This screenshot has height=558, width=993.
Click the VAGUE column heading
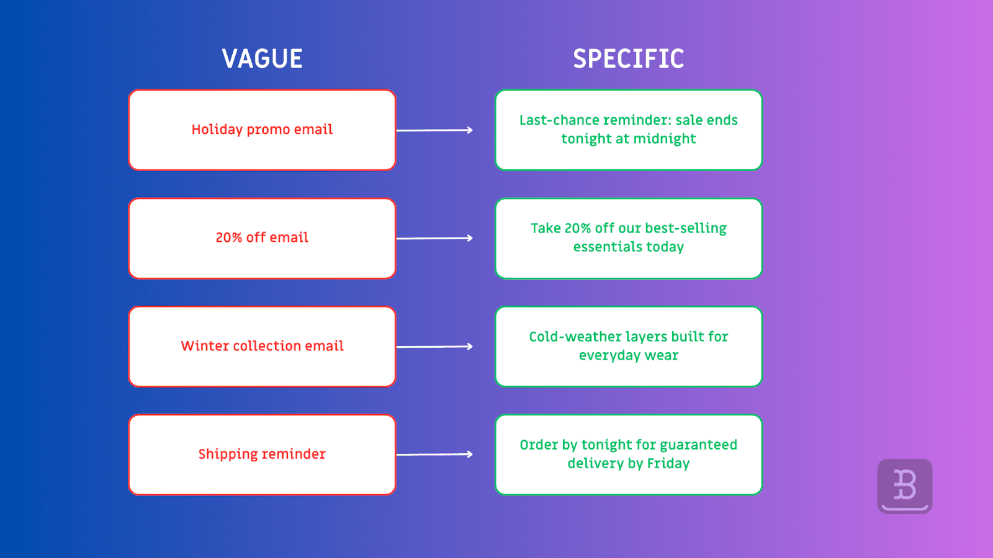coord(262,59)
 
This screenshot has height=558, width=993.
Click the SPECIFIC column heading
coord(628,59)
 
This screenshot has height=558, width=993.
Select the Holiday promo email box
coord(262,130)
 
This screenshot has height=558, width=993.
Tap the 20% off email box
coord(262,238)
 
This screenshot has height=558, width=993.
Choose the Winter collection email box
coord(262,346)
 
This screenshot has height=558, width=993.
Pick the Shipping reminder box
coord(262,454)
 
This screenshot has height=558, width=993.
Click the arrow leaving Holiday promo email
coord(434,130)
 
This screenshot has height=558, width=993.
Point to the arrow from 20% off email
coord(434,238)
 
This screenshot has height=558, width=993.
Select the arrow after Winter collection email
coord(434,347)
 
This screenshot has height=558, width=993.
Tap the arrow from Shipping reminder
coord(434,454)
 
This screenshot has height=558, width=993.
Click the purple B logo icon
coord(905,486)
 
